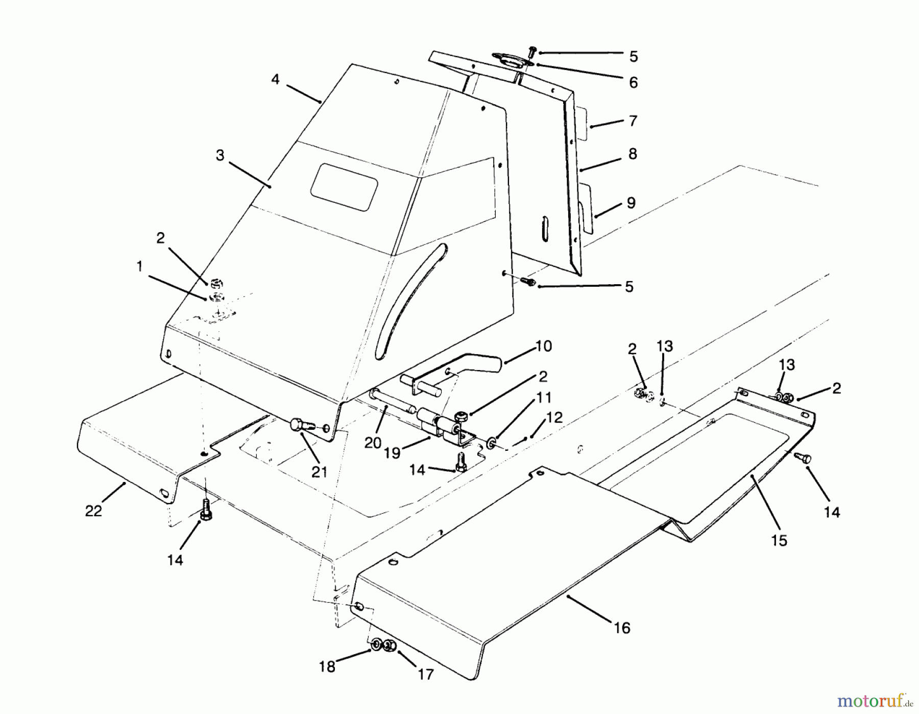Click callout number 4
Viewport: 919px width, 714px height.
pos(275,80)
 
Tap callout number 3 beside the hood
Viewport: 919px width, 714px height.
pos(220,155)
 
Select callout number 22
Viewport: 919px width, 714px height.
pos(93,511)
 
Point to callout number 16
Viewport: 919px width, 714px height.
pos(622,628)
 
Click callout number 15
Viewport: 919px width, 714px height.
pos(779,540)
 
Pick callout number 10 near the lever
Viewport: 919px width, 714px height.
pos(544,346)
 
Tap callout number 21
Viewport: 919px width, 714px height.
pos(319,472)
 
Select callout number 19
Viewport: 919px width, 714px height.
pos(392,453)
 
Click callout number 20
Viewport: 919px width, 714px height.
pos(373,443)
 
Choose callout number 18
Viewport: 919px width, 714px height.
pos(327,666)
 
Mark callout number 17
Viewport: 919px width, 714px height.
pos(425,675)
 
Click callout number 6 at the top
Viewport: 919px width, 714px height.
pos(633,83)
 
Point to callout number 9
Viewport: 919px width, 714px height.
pos(631,203)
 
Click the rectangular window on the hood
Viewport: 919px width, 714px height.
pos(344,187)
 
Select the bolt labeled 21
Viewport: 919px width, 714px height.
pos(299,425)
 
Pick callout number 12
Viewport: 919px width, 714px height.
pos(554,418)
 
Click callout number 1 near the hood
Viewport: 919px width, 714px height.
pos(139,266)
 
